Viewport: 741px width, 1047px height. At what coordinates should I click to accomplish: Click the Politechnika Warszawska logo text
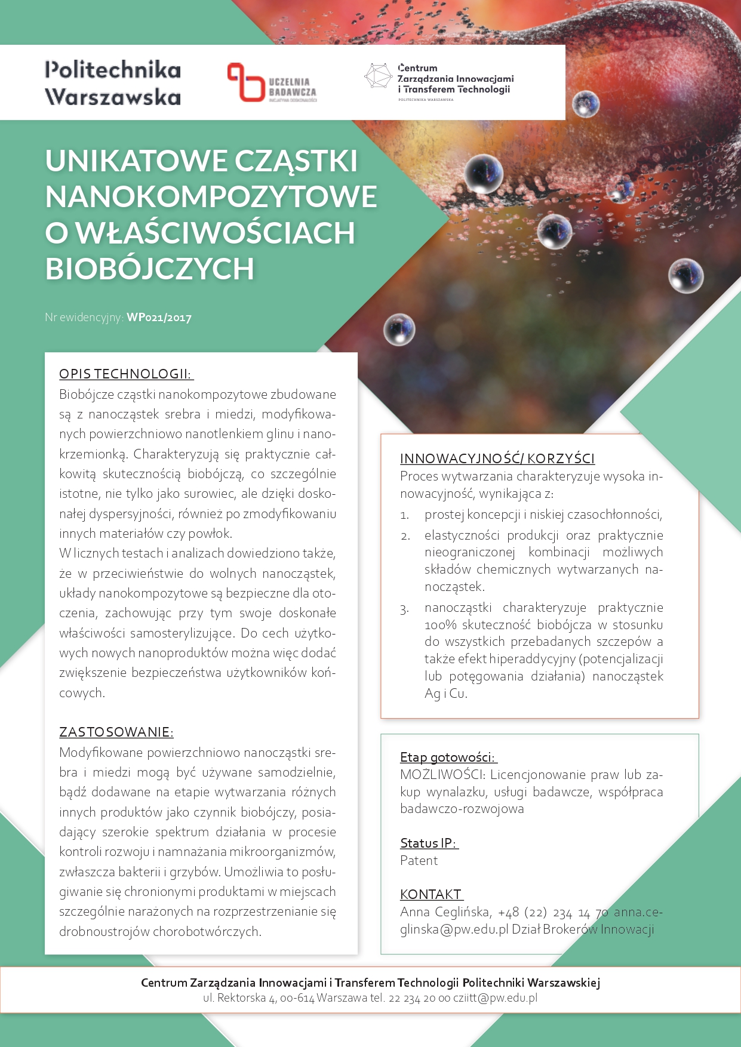113,83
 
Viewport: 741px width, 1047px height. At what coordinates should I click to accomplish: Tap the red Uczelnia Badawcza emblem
245,82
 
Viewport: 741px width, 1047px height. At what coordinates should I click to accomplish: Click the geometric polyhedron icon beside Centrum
378,76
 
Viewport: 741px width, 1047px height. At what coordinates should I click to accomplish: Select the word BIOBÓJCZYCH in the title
150,269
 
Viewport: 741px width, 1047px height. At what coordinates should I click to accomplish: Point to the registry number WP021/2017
159,318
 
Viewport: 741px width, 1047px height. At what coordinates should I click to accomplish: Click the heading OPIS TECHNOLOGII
125,374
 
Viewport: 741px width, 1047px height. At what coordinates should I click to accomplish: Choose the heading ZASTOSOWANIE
116,732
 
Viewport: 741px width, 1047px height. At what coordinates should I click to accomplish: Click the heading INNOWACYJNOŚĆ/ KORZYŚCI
497,458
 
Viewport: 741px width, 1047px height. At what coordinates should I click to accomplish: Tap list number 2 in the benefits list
405,536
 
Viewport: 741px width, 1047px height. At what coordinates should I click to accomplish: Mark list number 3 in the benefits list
405,609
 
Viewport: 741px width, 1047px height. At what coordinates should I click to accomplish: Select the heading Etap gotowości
448,757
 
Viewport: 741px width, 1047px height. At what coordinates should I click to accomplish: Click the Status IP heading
428,843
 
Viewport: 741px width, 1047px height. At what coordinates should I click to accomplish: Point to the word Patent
419,861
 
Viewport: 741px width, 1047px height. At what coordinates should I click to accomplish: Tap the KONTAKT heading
431,895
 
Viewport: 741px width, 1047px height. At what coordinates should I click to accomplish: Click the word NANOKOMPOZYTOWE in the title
211,197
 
